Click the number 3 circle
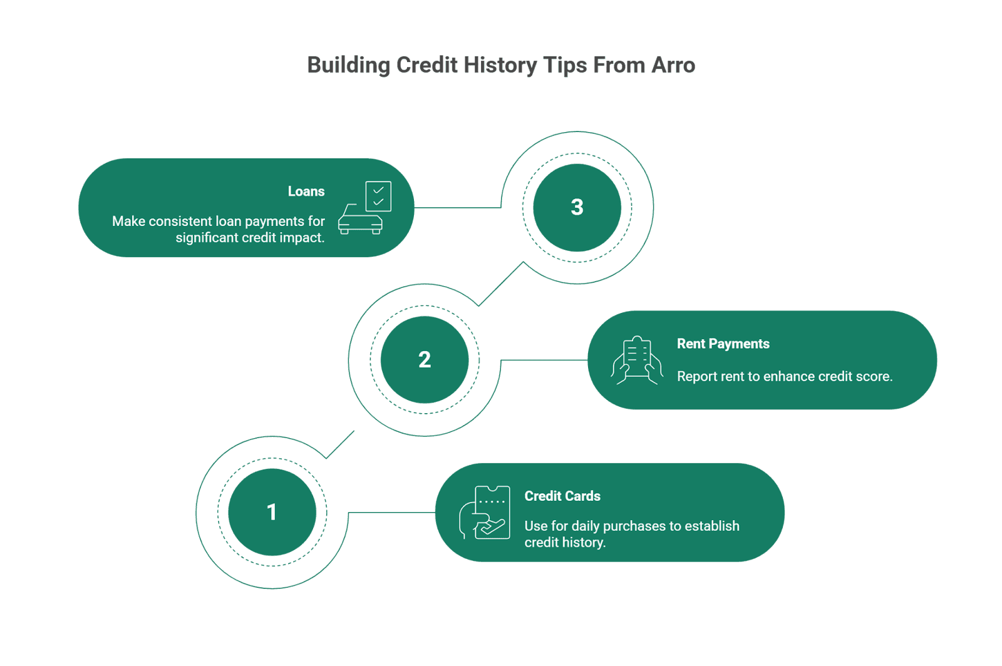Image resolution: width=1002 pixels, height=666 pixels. click(x=577, y=207)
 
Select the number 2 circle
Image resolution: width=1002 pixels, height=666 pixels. click(x=425, y=360)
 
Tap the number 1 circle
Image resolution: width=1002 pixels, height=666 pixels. click(x=272, y=512)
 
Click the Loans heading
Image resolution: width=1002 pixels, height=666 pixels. click(x=306, y=192)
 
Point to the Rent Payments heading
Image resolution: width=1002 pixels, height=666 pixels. click(x=723, y=344)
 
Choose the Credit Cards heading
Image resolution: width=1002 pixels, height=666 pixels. click(x=562, y=496)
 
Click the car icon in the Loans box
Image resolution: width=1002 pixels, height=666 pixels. click(x=359, y=221)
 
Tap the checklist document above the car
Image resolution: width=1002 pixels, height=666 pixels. click(x=378, y=196)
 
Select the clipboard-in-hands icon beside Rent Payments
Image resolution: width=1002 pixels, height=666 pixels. click(x=636, y=360)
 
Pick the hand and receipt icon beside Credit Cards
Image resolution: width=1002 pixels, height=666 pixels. click(x=485, y=513)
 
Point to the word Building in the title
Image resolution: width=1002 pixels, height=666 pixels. click(x=348, y=65)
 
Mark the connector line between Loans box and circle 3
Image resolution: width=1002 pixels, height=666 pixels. click(x=457, y=207)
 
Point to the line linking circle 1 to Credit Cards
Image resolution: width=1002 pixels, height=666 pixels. click(x=391, y=513)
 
